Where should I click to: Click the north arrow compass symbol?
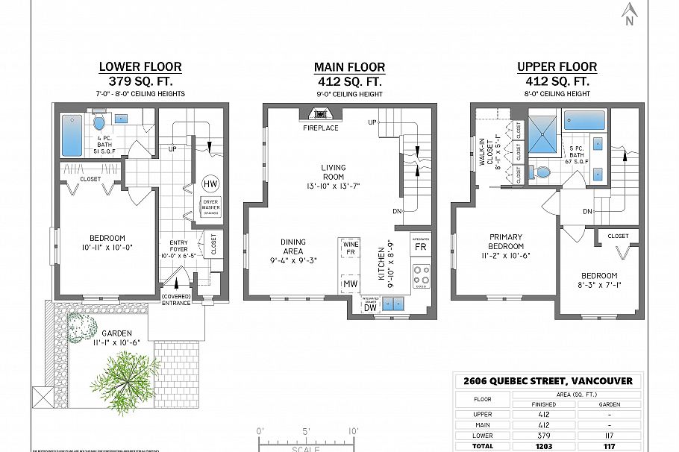(629, 13)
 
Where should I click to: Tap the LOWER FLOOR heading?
(140, 67)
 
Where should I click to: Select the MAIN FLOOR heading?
(349, 67)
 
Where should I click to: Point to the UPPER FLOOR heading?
(557, 67)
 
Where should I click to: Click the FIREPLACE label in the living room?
(320, 128)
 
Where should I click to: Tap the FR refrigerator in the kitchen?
(421, 245)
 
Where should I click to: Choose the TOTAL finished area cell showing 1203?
(543, 445)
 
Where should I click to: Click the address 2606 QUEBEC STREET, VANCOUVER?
(548, 380)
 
